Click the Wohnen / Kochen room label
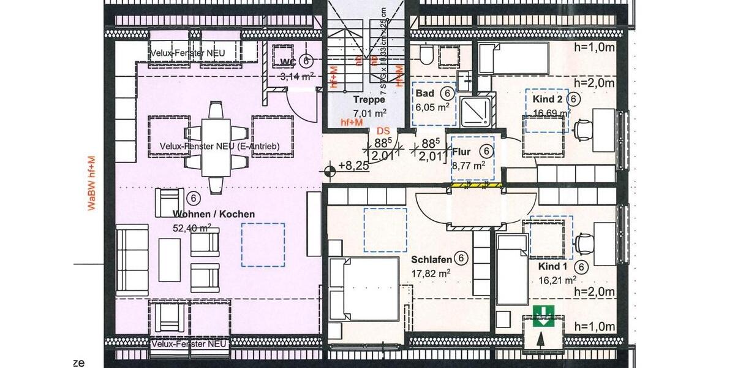coord(214,214)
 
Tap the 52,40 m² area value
coord(192,228)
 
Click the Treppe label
coord(369,99)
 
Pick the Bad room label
coord(425,93)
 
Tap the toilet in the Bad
coord(427,55)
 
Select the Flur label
coord(462,151)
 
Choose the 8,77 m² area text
coord(469,164)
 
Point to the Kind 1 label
coord(553,267)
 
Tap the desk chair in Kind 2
coord(582,129)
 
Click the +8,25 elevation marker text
coord(352,165)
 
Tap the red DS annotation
coord(383,131)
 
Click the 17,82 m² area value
coord(432,274)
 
